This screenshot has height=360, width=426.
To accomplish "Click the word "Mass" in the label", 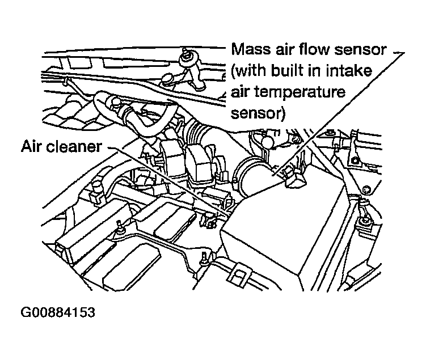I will pos(250,50).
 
